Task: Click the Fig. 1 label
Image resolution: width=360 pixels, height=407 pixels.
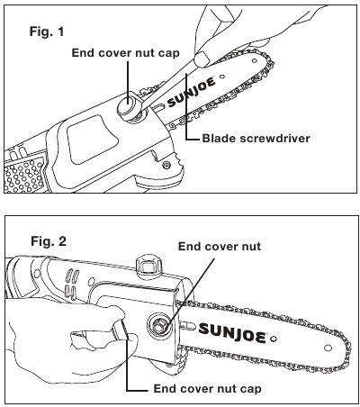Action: (47, 32)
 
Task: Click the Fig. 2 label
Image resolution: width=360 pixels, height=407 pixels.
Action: (49, 241)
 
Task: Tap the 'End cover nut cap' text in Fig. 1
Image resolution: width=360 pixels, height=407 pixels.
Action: (126, 53)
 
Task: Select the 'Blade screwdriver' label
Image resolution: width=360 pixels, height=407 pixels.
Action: (256, 139)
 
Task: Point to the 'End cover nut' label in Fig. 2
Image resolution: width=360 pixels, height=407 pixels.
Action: (220, 247)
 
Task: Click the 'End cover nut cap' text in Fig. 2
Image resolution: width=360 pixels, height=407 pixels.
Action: (208, 389)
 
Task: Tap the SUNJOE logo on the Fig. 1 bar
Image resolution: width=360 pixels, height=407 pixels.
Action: (192, 92)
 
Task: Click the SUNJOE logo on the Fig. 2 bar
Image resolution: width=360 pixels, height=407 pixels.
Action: (232, 332)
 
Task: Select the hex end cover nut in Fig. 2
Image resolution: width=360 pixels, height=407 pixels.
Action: (160, 326)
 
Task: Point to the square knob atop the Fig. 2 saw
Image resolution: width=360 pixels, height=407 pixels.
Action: (149, 264)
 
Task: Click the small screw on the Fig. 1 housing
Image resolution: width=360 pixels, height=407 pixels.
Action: (165, 164)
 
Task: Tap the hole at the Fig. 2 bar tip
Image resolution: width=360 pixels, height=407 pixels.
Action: (328, 348)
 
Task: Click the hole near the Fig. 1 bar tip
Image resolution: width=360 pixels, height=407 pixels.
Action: (255, 60)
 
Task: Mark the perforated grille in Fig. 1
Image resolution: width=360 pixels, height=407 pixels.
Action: (24, 175)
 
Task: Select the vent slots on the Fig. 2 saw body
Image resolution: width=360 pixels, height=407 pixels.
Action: (72, 282)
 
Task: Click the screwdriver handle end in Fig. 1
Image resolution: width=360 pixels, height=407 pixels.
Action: (202, 59)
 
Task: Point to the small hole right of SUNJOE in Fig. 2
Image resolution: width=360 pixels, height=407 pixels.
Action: (273, 339)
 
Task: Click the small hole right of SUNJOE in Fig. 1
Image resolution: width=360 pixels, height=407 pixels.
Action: (222, 77)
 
